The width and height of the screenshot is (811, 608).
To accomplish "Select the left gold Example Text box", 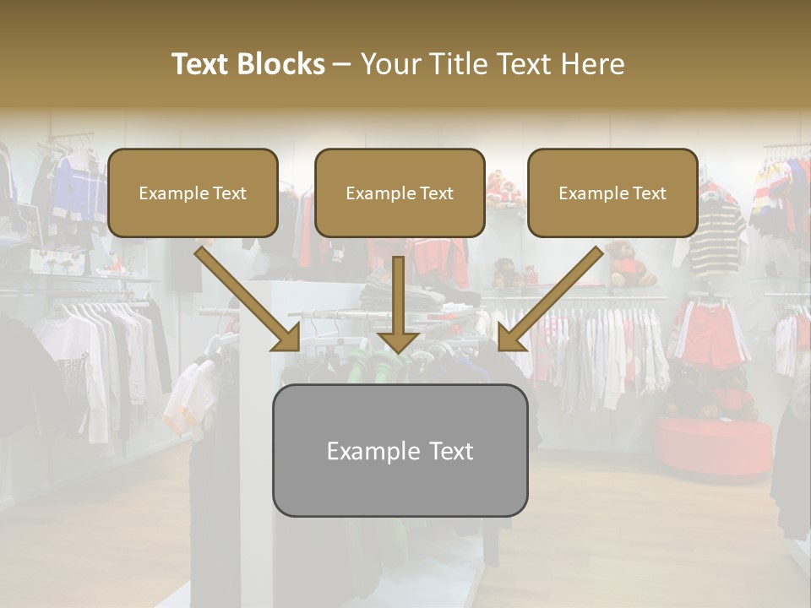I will [x=193, y=193].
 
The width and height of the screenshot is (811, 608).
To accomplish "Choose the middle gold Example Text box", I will [x=400, y=193].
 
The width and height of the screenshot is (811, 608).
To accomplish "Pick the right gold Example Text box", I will [x=612, y=193].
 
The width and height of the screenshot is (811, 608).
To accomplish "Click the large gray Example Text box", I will [x=400, y=450].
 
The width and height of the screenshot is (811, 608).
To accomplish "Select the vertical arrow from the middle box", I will [x=398, y=304].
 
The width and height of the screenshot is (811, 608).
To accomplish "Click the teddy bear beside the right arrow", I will [x=630, y=262].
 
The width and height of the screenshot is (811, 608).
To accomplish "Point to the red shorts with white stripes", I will [x=710, y=334].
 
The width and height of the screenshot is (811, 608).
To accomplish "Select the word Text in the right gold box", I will [x=650, y=193].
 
